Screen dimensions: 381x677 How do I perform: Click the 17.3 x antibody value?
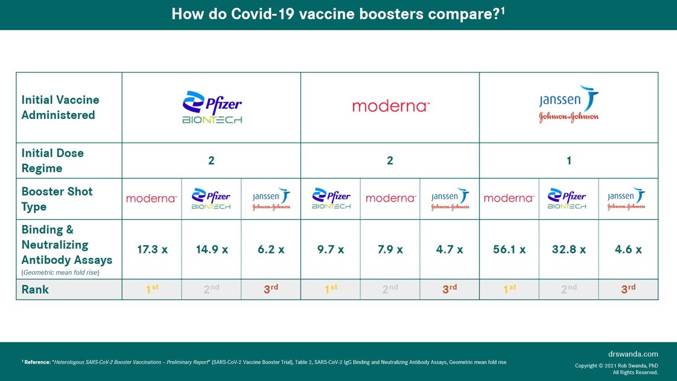(152, 249)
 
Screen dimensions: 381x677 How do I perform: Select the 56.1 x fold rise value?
(509, 249)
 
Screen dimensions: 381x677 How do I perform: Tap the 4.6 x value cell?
(628, 249)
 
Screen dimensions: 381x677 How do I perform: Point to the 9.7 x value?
(330, 249)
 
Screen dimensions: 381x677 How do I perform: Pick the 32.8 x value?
(568, 249)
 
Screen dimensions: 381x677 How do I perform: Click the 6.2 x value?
(271, 249)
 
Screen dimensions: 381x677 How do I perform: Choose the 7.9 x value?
(390, 249)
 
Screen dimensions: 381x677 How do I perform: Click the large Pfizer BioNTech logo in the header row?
(212, 107)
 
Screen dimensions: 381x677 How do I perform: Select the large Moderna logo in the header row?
(390, 107)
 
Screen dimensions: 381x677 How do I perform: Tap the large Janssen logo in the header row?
(569, 104)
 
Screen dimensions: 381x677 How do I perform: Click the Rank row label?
(35, 290)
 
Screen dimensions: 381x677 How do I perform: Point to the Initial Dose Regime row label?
(52, 161)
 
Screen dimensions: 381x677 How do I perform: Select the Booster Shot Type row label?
(57, 199)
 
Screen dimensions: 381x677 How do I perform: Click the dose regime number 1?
(568, 161)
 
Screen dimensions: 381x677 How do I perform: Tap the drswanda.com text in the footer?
(634, 354)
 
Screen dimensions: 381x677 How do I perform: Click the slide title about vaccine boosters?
(338, 14)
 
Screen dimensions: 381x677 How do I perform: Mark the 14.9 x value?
(211, 249)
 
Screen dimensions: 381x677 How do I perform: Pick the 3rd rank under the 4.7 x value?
(450, 289)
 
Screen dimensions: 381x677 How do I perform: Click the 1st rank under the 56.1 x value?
(509, 289)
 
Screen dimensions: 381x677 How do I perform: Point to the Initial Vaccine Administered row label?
(60, 107)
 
